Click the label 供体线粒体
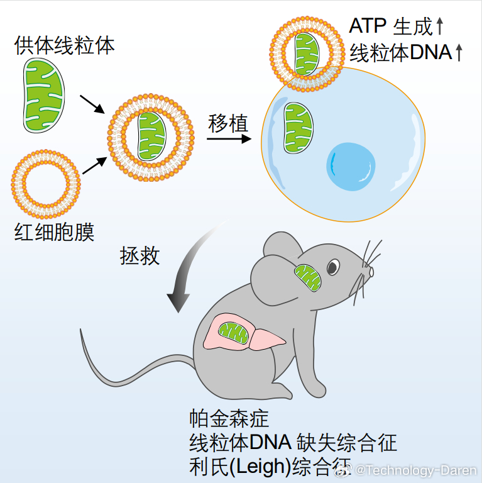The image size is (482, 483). click(x=65, y=46)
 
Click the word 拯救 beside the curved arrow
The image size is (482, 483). click(x=140, y=256)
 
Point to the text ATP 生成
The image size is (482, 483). click(x=391, y=26)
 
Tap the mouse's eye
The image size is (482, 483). click(x=332, y=267)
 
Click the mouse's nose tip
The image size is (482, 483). click(x=371, y=272)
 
